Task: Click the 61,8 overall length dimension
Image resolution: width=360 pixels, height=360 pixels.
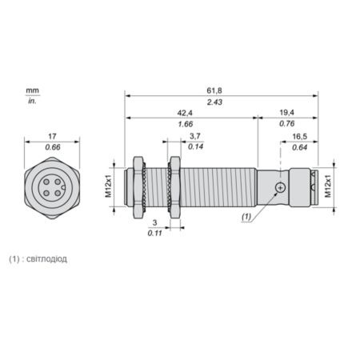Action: pos(214,90)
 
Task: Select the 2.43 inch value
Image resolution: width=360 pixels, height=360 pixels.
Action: pos(214,102)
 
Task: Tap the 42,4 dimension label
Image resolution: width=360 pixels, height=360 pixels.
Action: pos(185,113)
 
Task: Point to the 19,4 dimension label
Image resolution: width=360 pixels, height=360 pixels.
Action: pos(286,113)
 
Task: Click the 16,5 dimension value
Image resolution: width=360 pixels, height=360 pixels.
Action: pos(300,137)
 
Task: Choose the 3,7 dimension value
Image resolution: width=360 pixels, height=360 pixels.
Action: pos(195,136)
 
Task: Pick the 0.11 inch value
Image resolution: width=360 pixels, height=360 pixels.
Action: pos(155,233)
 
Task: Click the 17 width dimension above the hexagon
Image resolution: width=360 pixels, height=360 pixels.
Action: pos(52,136)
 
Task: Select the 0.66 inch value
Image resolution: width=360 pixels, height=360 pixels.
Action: pos(53,147)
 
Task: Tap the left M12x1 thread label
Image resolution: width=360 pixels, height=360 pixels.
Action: pos(109,186)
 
